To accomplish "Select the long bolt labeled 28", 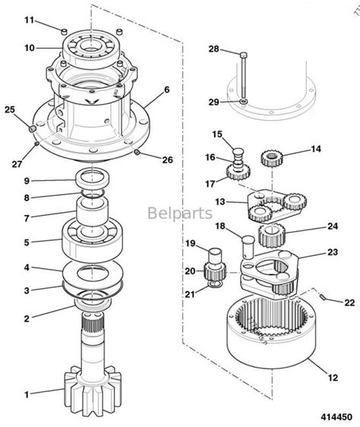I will click(241, 75).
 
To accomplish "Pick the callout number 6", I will click(166, 90).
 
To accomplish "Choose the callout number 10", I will click(29, 48).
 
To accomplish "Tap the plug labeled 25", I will click(31, 128).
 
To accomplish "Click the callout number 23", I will click(332, 252).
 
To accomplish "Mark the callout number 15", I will click(217, 134).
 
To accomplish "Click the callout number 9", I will click(27, 180).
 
